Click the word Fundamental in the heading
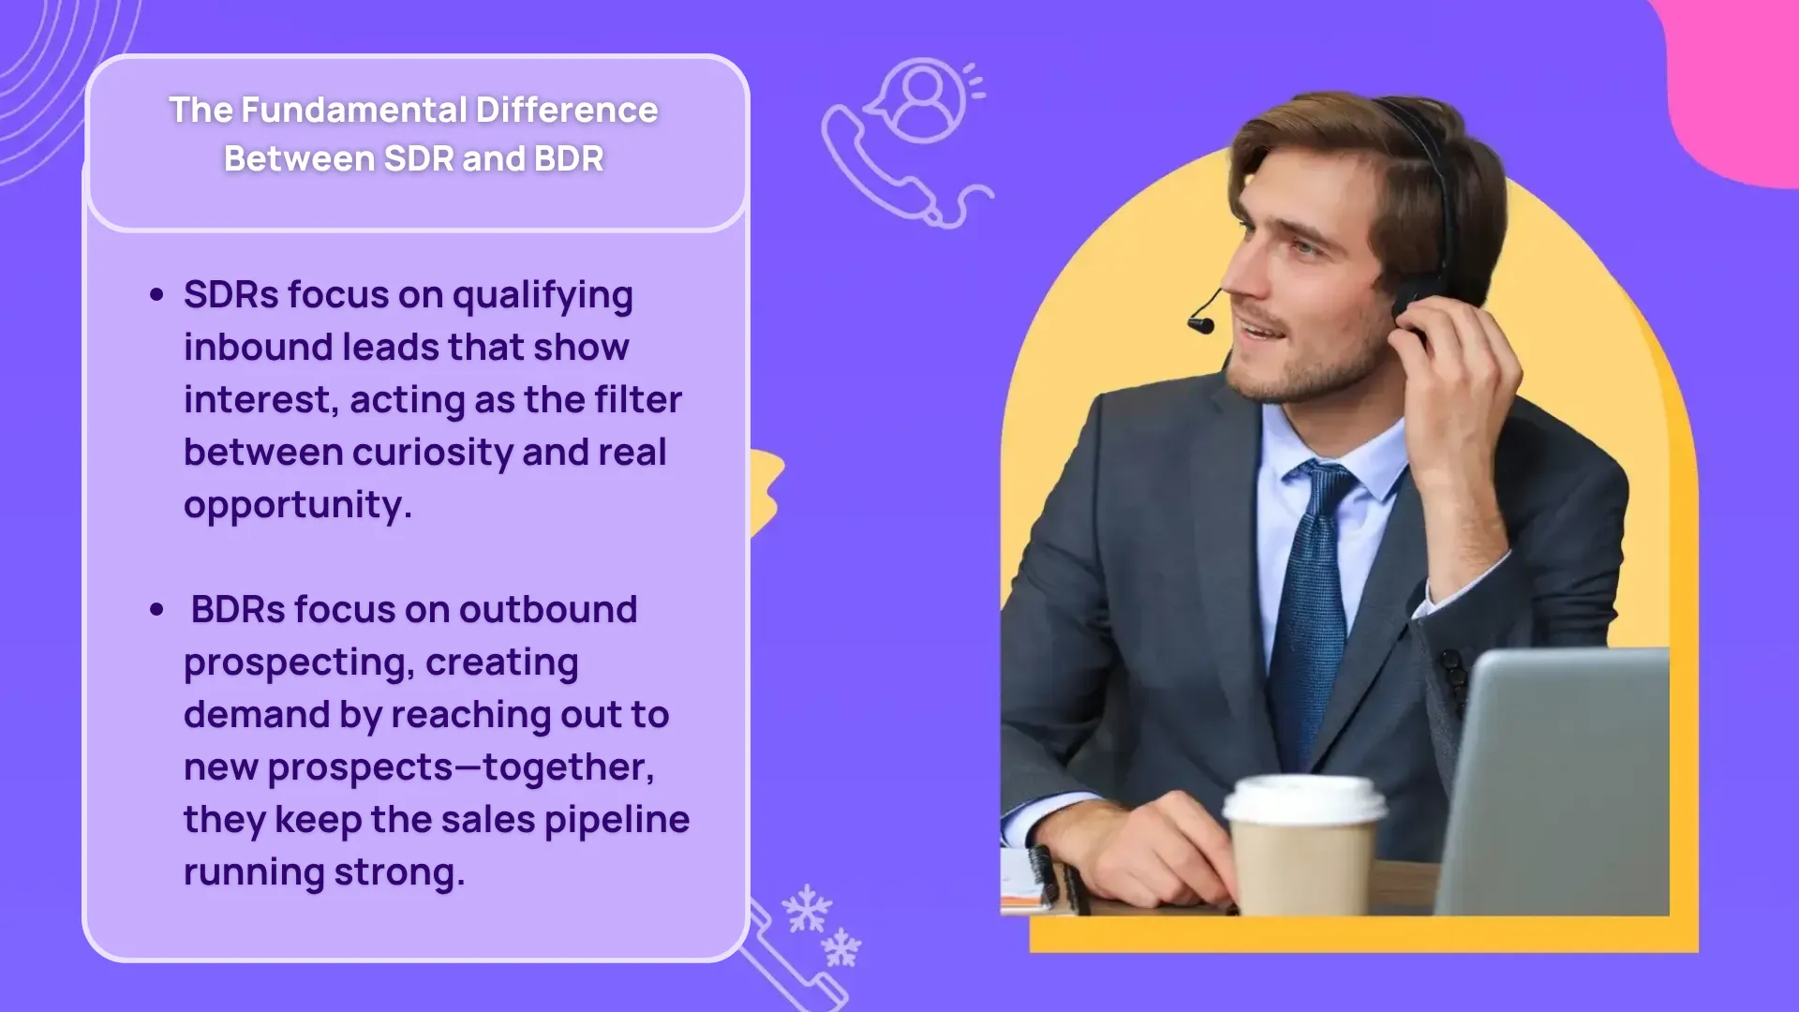(x=354, y=111)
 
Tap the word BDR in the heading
(x=569, y=159)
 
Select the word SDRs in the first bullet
(x=230, y=295)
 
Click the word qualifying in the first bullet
(x=543, y=296)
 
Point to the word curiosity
(x=432, y=453)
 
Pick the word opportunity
(x=297, y=506)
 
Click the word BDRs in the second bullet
(x=238, y=610)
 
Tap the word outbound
(x=548, y=610)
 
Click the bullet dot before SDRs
(x=156, y=295)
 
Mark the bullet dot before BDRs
(x=156, y=610)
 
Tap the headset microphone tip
(x=1200, y=325)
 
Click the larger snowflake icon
(x=807, y=909)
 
